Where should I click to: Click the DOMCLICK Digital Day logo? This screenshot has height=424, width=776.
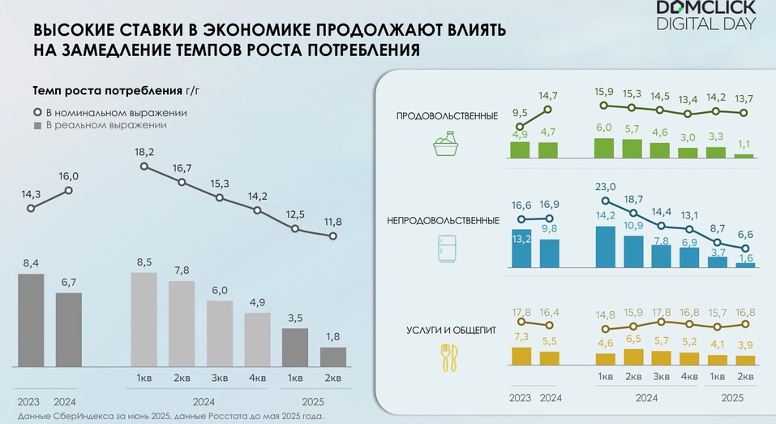pos(706,15)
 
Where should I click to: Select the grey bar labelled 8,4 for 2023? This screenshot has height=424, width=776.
pos(31,320)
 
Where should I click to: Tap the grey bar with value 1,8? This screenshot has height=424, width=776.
pos(333,357)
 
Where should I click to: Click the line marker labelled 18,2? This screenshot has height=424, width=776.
pos(144,167)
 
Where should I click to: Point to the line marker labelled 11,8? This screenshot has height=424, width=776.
pos(333,236)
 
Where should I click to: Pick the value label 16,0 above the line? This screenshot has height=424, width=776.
pos(69,176)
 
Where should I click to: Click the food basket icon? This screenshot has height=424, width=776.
pos(445,144)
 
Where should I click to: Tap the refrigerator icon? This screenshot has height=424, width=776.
pos(447,249)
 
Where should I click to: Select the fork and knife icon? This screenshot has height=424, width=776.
pos(449,358)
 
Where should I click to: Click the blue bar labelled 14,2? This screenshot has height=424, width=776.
pos(606,247)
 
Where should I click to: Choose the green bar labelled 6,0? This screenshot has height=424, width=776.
pos(604,149)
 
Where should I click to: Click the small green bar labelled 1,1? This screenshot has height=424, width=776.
pos(744,156)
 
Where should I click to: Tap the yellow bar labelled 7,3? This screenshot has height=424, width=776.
pos(521,356)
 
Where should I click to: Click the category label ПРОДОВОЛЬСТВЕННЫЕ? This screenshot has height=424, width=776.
pos(447,116)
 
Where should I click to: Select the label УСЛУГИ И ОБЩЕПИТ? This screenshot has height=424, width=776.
pos(451,331)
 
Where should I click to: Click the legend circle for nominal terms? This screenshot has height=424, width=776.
pos(37,113)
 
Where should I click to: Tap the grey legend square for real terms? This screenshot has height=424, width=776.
pos(37,126)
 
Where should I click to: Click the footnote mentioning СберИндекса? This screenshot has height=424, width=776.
pos(171,416)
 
